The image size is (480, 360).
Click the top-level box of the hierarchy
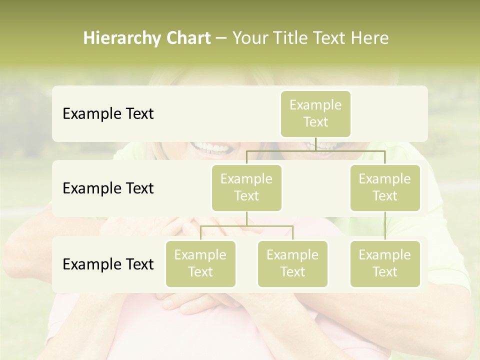click(315, 113)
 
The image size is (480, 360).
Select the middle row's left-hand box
click(246, 187)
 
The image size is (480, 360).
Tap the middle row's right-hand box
click(385, 187)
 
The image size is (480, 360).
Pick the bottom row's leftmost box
click(200, 263)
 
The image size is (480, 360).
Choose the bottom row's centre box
click(292, 263)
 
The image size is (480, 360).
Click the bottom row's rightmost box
click(385, 263)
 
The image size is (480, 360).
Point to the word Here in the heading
click(370, 38)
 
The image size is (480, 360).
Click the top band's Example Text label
click(108, 114)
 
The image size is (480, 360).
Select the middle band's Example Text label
click(108, 188)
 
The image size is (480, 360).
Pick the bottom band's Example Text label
click(108, 264)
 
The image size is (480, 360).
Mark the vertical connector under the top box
click(315, 144)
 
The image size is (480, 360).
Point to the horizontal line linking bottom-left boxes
click(246, 226)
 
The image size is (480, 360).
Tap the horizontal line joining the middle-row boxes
click(315, 150)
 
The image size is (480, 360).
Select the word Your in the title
click(249, 38)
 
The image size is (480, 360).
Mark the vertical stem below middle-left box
click(246, 218)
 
